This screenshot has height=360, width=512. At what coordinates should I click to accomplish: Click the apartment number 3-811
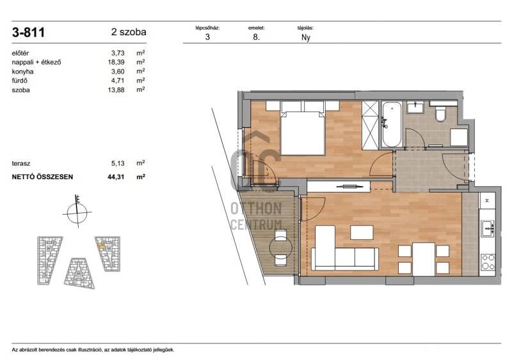[x=28, y=33]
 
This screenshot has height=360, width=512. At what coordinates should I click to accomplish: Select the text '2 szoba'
[x=129, y=32]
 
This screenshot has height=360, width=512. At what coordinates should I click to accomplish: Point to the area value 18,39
[x=116, y=62]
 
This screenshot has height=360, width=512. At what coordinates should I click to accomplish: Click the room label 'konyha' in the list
[x=22, y=72]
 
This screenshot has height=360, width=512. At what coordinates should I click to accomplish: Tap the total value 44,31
[x=116, y=177]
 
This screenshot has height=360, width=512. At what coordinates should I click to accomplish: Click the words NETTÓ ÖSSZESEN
[x=42, y=177]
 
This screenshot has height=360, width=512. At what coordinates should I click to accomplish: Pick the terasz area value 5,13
[x=118, y=163]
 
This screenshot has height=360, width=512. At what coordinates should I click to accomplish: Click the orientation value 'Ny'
[x=306, y=37]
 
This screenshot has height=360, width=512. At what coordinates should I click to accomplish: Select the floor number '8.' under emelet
[x=257, y=37]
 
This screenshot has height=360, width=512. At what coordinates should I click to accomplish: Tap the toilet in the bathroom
[x=440, y=113]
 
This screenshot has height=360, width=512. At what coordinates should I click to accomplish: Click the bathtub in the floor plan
[x=392, y=124]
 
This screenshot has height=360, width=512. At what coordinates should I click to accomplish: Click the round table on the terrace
[x=280, y=247]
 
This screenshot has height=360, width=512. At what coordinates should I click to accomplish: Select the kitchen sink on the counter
[x=488, y=228]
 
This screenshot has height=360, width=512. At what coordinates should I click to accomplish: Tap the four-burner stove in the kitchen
[x=488, y=262]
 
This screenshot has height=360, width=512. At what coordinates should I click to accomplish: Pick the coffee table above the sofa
[x=362, y=232]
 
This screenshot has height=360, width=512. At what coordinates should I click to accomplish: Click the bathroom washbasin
[x=415, y=107]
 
